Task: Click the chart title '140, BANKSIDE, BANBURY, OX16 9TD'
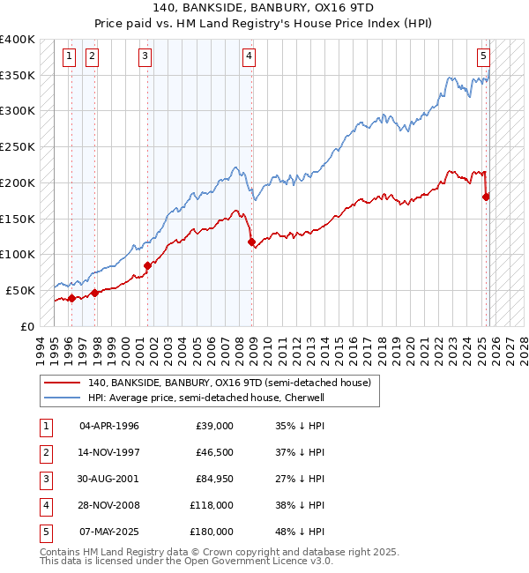[264, 8]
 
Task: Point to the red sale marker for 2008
[252, 242]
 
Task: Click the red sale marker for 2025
[486, 197]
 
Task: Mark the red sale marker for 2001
[147, 264]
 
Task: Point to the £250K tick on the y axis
[18, 147]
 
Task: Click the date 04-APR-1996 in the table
[108, 426]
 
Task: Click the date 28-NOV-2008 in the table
[108, 505]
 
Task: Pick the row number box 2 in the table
[45, 452]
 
